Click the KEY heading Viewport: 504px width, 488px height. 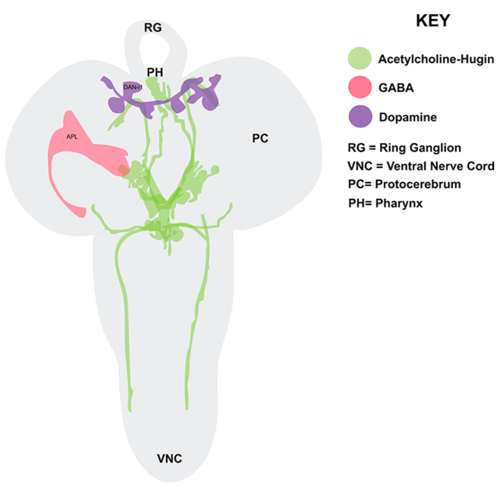click(x=433, y=21)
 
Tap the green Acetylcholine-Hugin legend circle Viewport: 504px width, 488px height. click(x=360, y=58)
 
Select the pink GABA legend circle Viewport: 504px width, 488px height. click(x=360, y=87)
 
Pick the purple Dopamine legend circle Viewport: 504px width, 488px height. click(x=360, y=116)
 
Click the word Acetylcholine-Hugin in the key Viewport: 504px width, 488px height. click(x=436, y=59)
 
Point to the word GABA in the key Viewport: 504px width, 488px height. click(x=396, y=88)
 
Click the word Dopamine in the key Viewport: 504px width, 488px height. click(x=408, y=117)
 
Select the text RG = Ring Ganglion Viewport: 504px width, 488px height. click(x=404, y=148)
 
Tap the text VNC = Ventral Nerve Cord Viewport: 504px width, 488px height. click(x=421, y=166)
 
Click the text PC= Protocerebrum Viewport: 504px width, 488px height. click(x=404, y=184)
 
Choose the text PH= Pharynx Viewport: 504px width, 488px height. click(x=385, y=203)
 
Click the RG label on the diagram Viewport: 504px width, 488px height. click(x=153, y=28)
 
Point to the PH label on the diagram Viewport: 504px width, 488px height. click(x=155, y=72)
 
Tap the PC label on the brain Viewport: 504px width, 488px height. click(x=260, y=138)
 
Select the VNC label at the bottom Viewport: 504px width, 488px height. click(x=169, y=459)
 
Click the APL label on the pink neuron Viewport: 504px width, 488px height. click(x=72, y=137)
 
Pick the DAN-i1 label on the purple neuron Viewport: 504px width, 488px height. click(x=133, y=87)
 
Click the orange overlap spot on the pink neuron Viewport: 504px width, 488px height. click(x=123, y=169)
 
